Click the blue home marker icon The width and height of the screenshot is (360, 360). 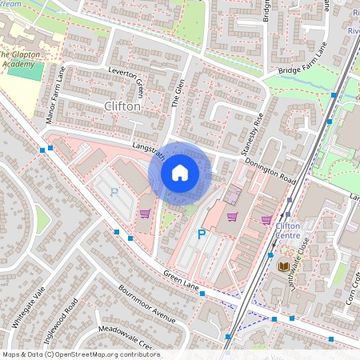click(180, 172)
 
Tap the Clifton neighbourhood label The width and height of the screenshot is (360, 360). click(122, 106)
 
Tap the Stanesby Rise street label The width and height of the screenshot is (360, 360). click(253, 134)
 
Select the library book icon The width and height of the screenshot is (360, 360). click(284, 266)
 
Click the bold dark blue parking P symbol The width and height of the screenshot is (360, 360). click(202, 234)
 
